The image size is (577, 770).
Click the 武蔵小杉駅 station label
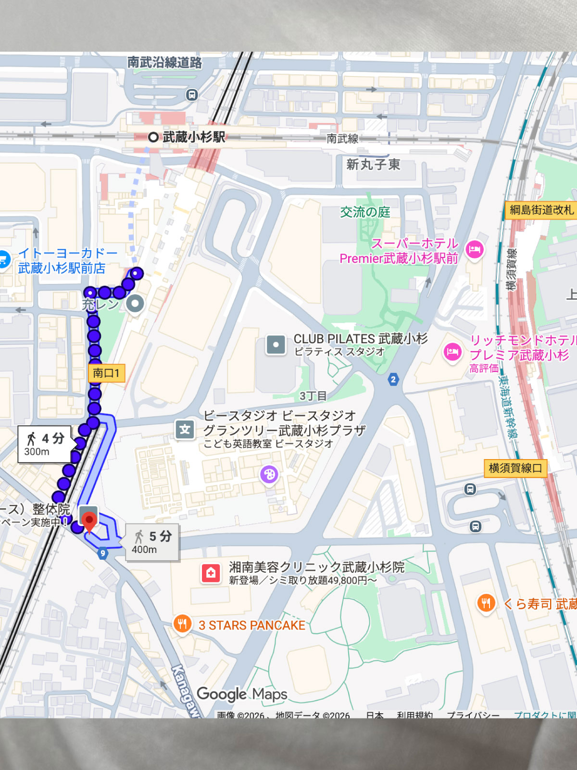point(193,137)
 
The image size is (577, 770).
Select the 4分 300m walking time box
point(45,444)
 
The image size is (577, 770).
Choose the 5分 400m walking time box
point(152,542)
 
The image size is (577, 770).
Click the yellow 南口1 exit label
point(106,373)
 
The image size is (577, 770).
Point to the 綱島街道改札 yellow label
point(541,210)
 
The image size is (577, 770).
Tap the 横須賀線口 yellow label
point(515,468)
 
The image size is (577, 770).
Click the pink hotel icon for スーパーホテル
point(475,249)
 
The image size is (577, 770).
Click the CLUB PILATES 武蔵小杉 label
point(360,339)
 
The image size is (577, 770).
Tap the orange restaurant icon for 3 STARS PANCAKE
point(182,624)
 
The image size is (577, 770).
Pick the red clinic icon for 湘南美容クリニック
point(211,573)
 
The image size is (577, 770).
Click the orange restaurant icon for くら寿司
point(486,603)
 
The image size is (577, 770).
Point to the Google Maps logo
point(242,694)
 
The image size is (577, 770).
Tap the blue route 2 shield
point(393,379)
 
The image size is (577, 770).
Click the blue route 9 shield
point(102,553)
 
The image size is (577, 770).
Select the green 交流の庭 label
point(365,212)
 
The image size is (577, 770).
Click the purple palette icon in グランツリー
point(269,475)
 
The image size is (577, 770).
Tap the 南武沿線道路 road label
point(164,62)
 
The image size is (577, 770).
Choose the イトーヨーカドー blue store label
point(67,260)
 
